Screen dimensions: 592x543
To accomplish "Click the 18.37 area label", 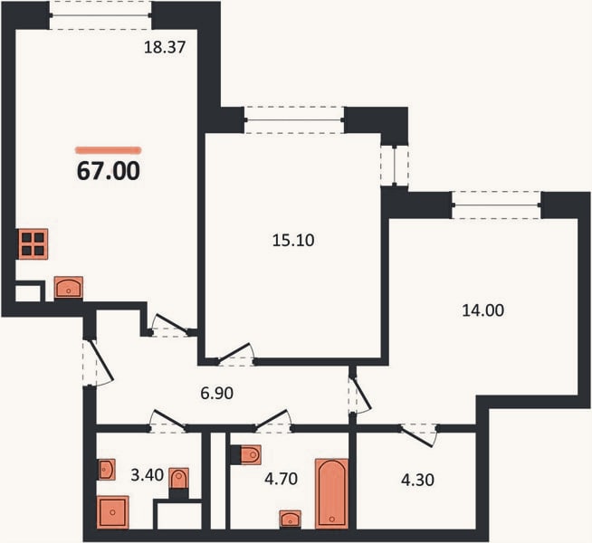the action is tap(165, 47).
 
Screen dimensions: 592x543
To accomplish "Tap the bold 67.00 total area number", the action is tap(109, 171).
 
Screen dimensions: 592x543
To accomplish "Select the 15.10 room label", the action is tap(293, 240).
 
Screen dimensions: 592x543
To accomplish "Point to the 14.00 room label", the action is tap(482, 310).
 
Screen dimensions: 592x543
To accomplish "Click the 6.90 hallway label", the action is tap(216, 393).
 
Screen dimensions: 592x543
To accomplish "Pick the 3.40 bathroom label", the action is tap(147, 475).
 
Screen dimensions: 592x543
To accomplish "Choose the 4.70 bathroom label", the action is tap(282, 479).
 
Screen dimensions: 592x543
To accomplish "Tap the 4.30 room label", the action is tap(417, 480).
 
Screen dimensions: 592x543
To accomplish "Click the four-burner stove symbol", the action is tap(33, 244).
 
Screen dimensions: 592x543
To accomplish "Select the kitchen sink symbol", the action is tap(68, 288).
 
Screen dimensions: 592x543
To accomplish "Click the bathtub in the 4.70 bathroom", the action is tap(332, 493).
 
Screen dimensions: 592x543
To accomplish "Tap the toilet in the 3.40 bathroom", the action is tap(178, 479).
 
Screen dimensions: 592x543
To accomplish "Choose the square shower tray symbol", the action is tap(113, 512).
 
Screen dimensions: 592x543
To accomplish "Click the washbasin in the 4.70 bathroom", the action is tap(290, 519).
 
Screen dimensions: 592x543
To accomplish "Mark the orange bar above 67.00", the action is tap(109, 150).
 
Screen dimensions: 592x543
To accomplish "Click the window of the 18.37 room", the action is tap(100, 15).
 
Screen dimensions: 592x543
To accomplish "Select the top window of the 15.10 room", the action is tap(294, 120).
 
